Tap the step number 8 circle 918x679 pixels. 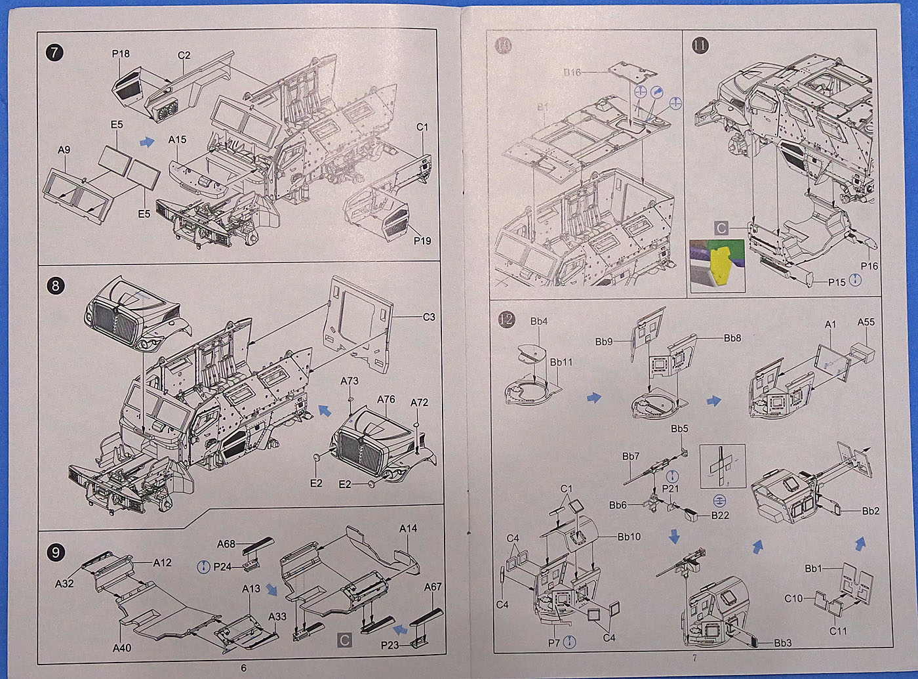(55, 285)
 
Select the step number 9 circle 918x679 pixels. (55, 552)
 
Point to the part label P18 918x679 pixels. (121, 54)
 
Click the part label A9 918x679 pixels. (64, 150)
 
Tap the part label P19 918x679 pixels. (422, 241)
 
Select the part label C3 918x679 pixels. (429, 317)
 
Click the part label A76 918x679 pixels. (386, 399)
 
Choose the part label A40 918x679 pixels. (122, 648)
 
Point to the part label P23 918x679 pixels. (389, 646)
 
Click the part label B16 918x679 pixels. (572, 72)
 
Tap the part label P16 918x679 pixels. (869, 266)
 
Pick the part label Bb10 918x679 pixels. (629, 537)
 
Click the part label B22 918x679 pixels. (720, 515)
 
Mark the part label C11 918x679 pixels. (838, 631)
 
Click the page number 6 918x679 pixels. (244, 668)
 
